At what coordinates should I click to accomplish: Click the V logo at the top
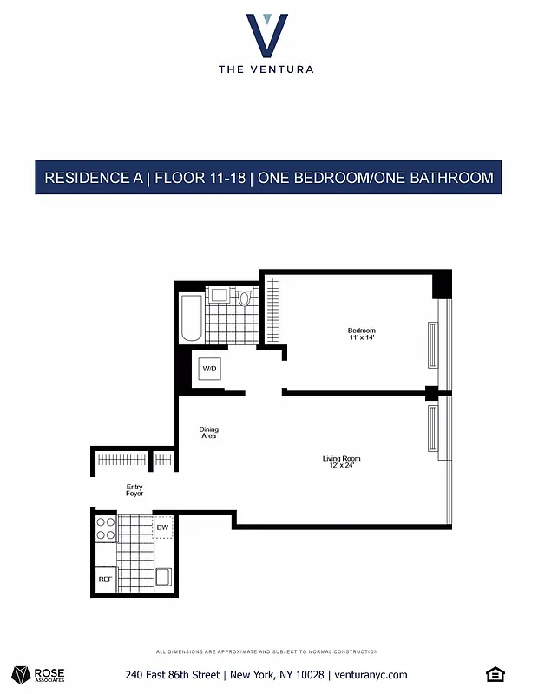(266, 34)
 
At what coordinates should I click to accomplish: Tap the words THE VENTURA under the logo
(266, 69)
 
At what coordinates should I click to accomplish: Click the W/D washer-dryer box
(210, 370)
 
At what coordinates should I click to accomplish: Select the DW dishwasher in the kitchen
(162, 527)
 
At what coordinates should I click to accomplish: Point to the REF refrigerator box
(105, 579)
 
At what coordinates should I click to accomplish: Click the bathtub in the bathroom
(190, 318)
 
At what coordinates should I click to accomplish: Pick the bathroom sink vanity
(220, 296)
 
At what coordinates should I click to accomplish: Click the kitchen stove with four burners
(105, 529)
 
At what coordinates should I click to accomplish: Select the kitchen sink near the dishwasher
(162, 576)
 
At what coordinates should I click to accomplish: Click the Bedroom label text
(361, 331)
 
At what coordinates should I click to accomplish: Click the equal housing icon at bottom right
(495, 674)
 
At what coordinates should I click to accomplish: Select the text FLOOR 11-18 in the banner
(199, 178)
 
